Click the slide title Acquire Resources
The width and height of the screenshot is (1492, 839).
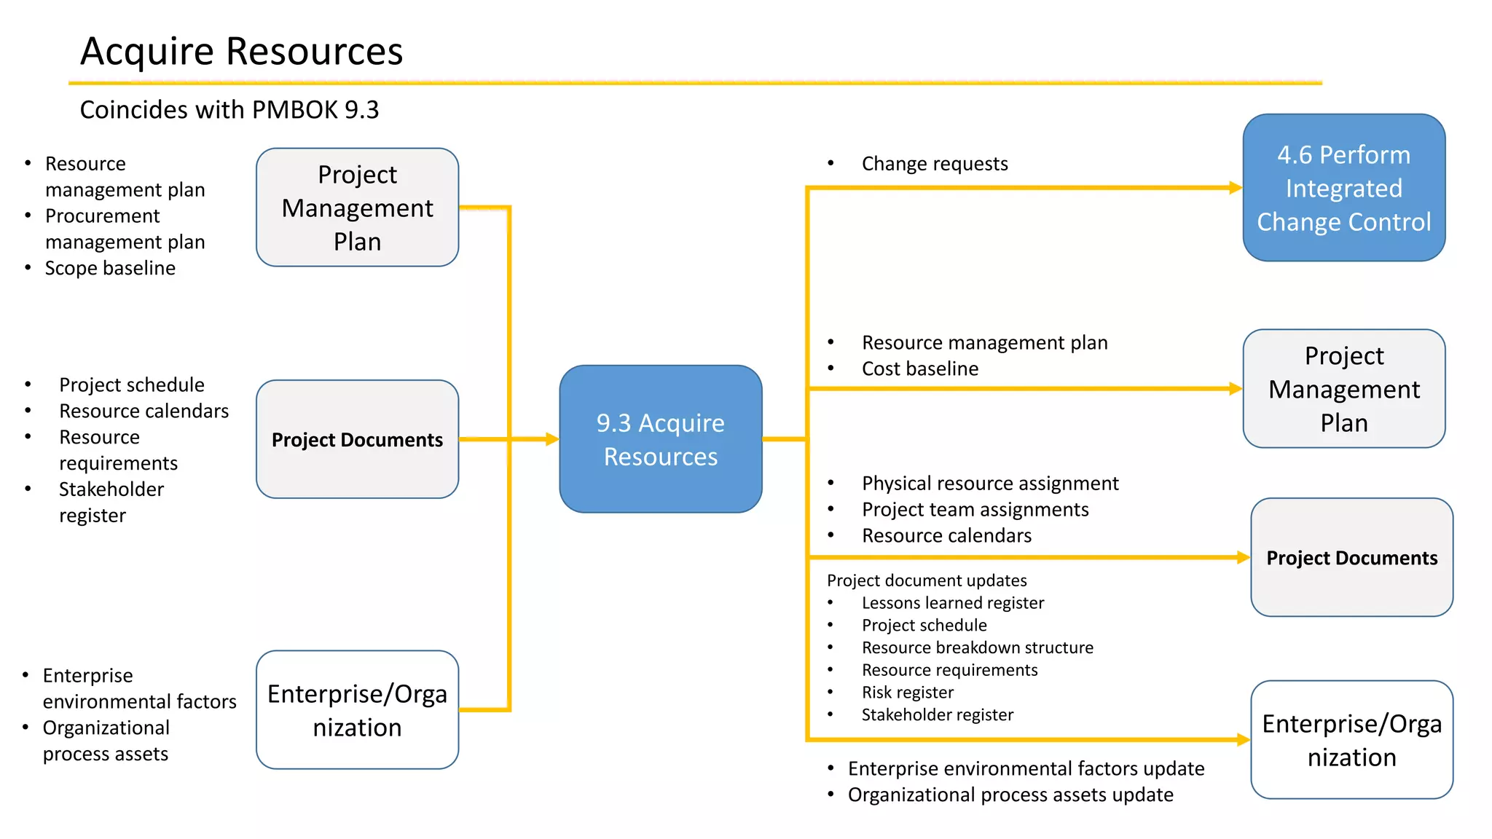pos(241,52)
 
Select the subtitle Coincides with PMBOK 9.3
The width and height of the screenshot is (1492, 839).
pos(229,110)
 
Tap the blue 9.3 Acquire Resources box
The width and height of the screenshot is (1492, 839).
pos(660,439)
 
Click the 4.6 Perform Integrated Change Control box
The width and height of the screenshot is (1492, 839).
pos(1343,188)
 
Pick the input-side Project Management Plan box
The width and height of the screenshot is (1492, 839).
pos(357,208)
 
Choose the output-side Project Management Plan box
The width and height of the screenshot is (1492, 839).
pos(1343,389)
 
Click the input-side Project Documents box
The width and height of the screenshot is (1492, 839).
pos(357,440)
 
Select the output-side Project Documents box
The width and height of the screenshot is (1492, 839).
pos(1351,558)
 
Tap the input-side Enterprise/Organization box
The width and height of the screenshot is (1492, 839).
pos(357,710)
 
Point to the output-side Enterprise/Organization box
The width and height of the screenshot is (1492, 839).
pos(1351,740)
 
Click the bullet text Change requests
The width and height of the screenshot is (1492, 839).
pos(934,164)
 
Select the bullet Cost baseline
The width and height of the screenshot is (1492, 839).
pos(919,369)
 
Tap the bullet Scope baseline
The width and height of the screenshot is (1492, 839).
pos(110,268)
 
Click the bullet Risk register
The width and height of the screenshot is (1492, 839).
pos(907,693)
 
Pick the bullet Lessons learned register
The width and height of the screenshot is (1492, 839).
pos(952,603)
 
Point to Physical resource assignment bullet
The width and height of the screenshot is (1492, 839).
pos(989,484)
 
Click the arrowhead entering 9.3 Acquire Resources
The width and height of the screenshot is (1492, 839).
pos(552,439)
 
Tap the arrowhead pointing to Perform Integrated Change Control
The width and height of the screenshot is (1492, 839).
pos(1236,188)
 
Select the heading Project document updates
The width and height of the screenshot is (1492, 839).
pos(926,580)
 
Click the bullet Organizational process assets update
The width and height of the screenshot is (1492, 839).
pos(1010,795)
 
